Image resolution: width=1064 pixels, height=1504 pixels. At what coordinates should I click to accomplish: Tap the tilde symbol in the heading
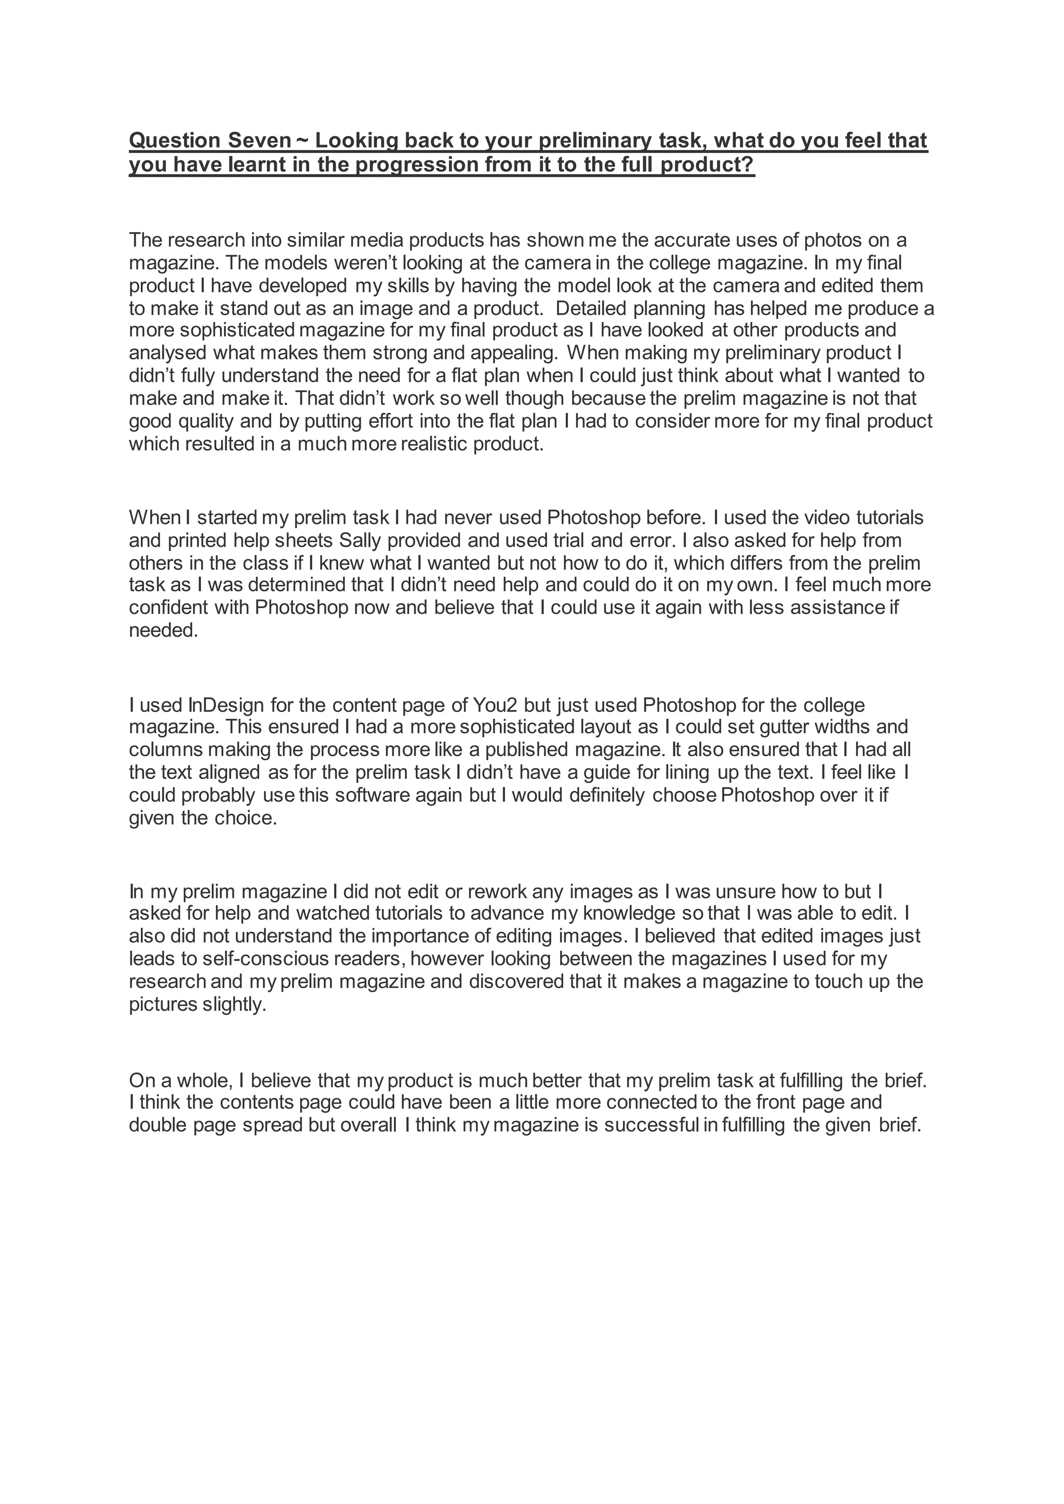coord(303,140)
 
